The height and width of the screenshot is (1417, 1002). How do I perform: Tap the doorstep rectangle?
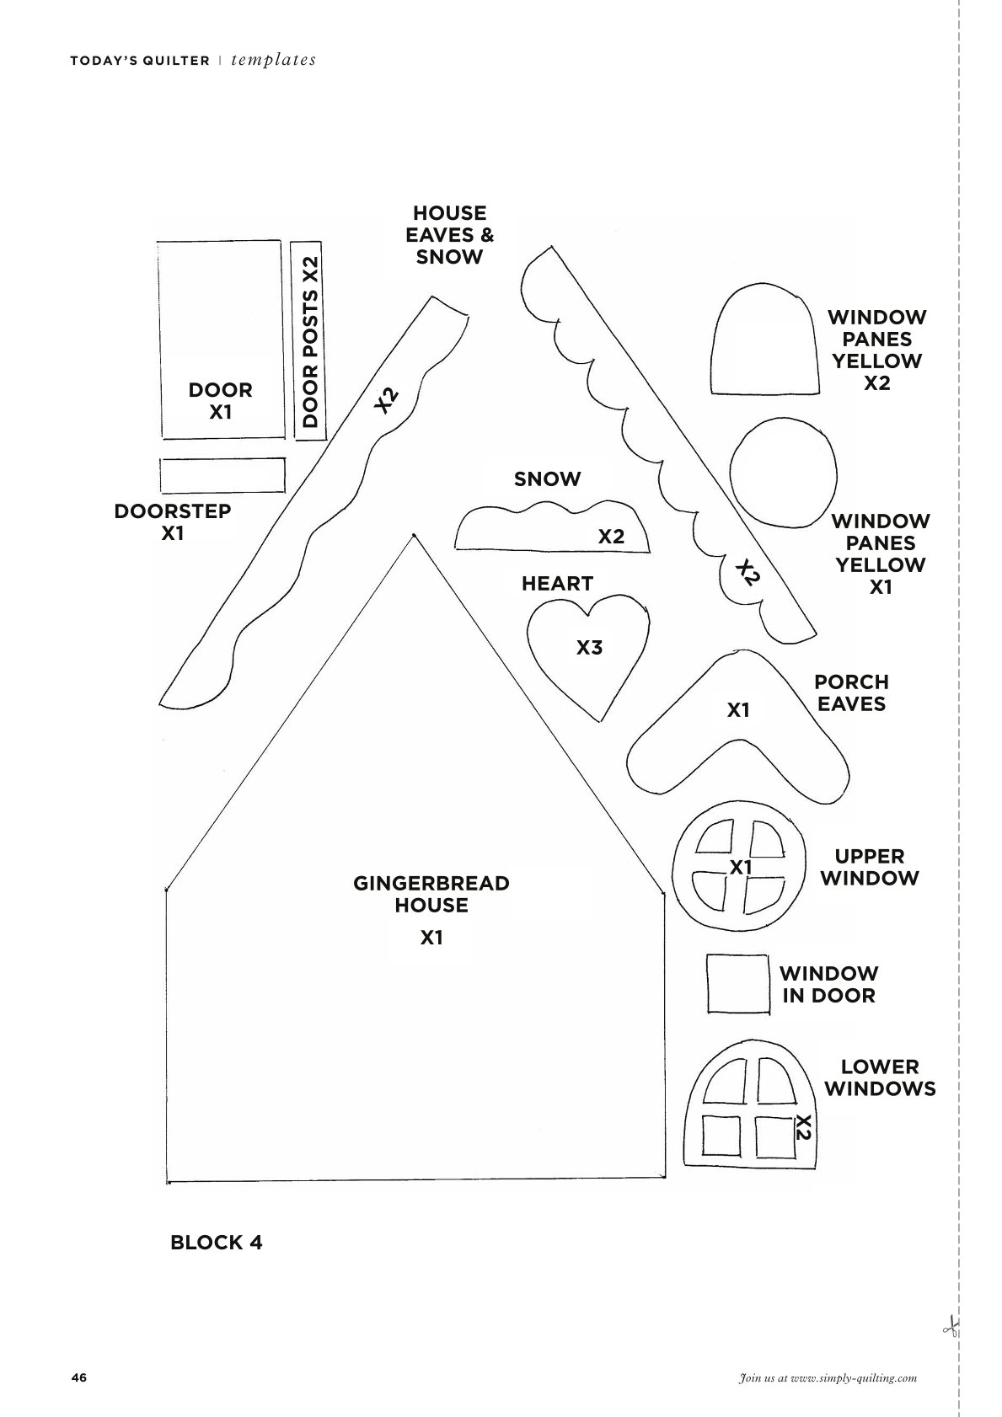click(222, 475)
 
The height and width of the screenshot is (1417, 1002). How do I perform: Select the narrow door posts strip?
click(309, 340)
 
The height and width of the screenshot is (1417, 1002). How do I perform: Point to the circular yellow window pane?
click(783, 472)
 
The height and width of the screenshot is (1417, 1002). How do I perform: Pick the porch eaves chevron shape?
click(738, 728)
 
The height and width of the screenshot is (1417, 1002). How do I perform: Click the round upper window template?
click(739, 867)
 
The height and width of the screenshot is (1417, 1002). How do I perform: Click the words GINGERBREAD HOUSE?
click(431, 894)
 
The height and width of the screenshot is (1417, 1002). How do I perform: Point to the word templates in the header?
click(273, 60)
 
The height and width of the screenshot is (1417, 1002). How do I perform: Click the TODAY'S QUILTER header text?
click(140, 61)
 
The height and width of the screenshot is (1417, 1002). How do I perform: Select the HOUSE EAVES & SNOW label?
click(449, 235)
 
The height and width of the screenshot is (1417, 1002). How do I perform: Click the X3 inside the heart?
click(589, 647)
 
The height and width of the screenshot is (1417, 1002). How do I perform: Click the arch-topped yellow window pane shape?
click(764, 339)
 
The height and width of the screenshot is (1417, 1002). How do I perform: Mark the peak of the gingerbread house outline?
click(413, 536)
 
